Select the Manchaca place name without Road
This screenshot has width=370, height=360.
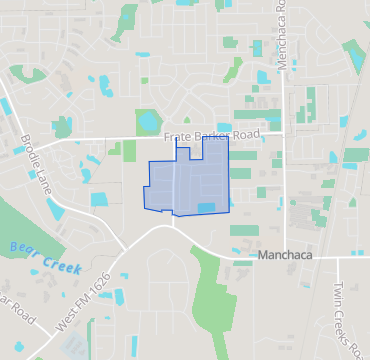[x=287, y=255]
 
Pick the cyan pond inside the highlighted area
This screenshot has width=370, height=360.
[x=206, y=207]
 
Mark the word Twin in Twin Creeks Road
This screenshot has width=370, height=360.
[x=336, y=296]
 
